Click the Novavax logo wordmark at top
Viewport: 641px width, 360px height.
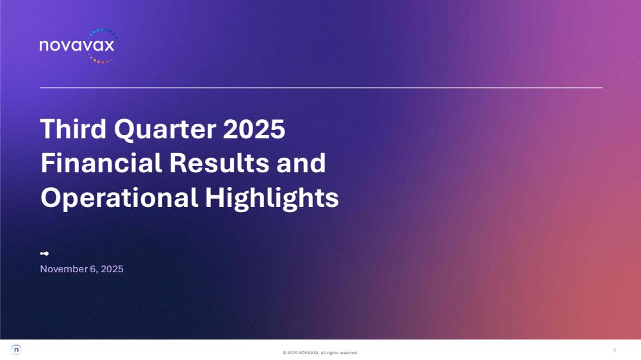(x=77, y=45)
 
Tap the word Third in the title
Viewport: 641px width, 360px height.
(x=73, y=129)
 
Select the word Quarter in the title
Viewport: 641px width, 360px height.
(x=165, y=129)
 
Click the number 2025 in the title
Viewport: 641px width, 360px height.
(x=254, y=129)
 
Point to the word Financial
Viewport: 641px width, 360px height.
(x=101, y=163)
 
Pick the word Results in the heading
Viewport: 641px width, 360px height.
(x=219, y=163)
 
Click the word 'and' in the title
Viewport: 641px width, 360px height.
(x=301, y=163)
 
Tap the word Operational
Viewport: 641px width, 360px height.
(x=119, y=199)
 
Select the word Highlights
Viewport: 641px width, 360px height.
(x=272, y=199)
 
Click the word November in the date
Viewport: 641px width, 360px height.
(x=63, y=269)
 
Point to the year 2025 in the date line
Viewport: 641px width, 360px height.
(x=112, y=269)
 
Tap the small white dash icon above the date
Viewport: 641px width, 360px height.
(x=45, y=254)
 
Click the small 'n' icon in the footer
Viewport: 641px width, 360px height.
(x=16, y=350)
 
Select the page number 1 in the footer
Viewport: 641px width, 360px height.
(x=615, y=350)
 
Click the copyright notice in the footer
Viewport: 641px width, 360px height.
(x=320, y=353)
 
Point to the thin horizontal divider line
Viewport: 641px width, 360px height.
(x=321, y=88)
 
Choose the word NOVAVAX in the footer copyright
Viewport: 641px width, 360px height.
(x=308, y=353)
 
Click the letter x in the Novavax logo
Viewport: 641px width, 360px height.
(x=109, y=45)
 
